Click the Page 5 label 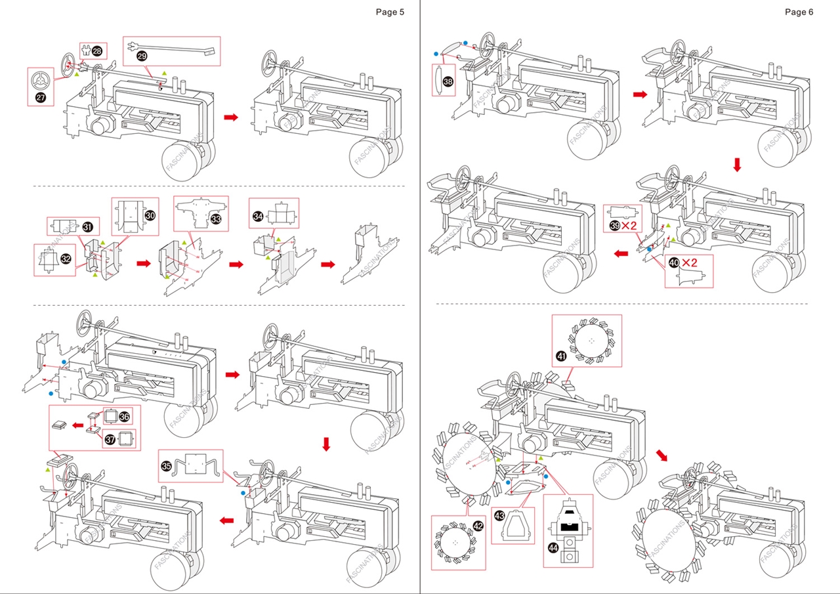[390, 12]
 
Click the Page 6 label [799, 12]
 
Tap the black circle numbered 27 [40, 97]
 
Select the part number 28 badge [97, 51]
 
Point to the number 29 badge [142, 56]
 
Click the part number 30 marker [150, 215]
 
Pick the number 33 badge [216, 219]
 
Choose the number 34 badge [258, 216]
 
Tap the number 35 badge [167, 466]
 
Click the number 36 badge [125, 416]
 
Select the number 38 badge [448, 82]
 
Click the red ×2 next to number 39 [630, 225]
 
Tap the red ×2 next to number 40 [689, 263]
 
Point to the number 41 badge [561, 356]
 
